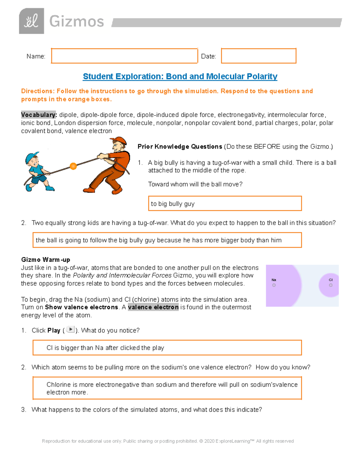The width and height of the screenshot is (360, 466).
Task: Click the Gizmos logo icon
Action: (x=31, y=21)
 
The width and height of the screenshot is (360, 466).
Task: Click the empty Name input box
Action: (x=124, y=56)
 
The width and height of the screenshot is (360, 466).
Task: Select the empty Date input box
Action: (x=258, y=56)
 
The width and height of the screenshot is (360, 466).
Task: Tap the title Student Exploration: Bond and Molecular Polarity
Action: (x=180, y=77)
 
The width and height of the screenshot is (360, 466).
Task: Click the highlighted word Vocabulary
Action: (x=39, y=115)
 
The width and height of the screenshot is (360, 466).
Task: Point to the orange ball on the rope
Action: (x=73, y=166)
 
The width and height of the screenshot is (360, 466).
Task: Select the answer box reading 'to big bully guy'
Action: (x=225, y=204)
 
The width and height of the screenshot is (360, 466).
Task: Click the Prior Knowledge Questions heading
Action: (x=180, y=147)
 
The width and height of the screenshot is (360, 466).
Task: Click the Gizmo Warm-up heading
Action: (x=46, y=260)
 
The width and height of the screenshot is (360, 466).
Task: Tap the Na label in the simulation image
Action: (x=274, y=280)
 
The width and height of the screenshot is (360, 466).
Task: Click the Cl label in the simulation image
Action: (x=331, y=280)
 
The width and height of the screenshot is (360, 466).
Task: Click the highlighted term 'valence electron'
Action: (x=153, y=307)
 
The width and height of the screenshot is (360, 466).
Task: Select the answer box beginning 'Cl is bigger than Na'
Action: (x=167, y=348)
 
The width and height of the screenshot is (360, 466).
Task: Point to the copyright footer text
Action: (x=168, y=441)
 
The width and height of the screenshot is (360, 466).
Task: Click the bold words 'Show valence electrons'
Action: (x=81, y=307)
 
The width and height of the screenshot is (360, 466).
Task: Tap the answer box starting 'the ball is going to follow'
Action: (x=167, y=240)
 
